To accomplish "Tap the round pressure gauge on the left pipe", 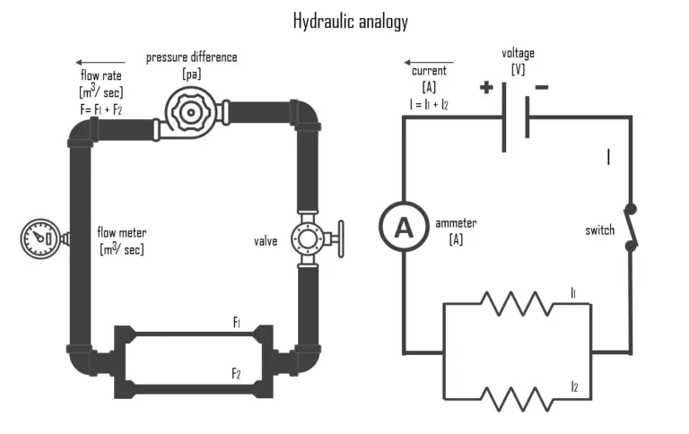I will [x=39, y=238].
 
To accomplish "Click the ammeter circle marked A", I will [x=404, y=229].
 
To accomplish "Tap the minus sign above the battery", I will [x=541, y=88].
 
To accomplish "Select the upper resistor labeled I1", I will [x=517, y=303].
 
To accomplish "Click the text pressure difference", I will [x=191, y=56].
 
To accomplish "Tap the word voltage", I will [x=518, y=53].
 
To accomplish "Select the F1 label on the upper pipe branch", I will [x=237, y=322].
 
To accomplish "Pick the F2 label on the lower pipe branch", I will [x=237, y=374].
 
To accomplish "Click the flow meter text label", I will [x=121, y=233].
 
